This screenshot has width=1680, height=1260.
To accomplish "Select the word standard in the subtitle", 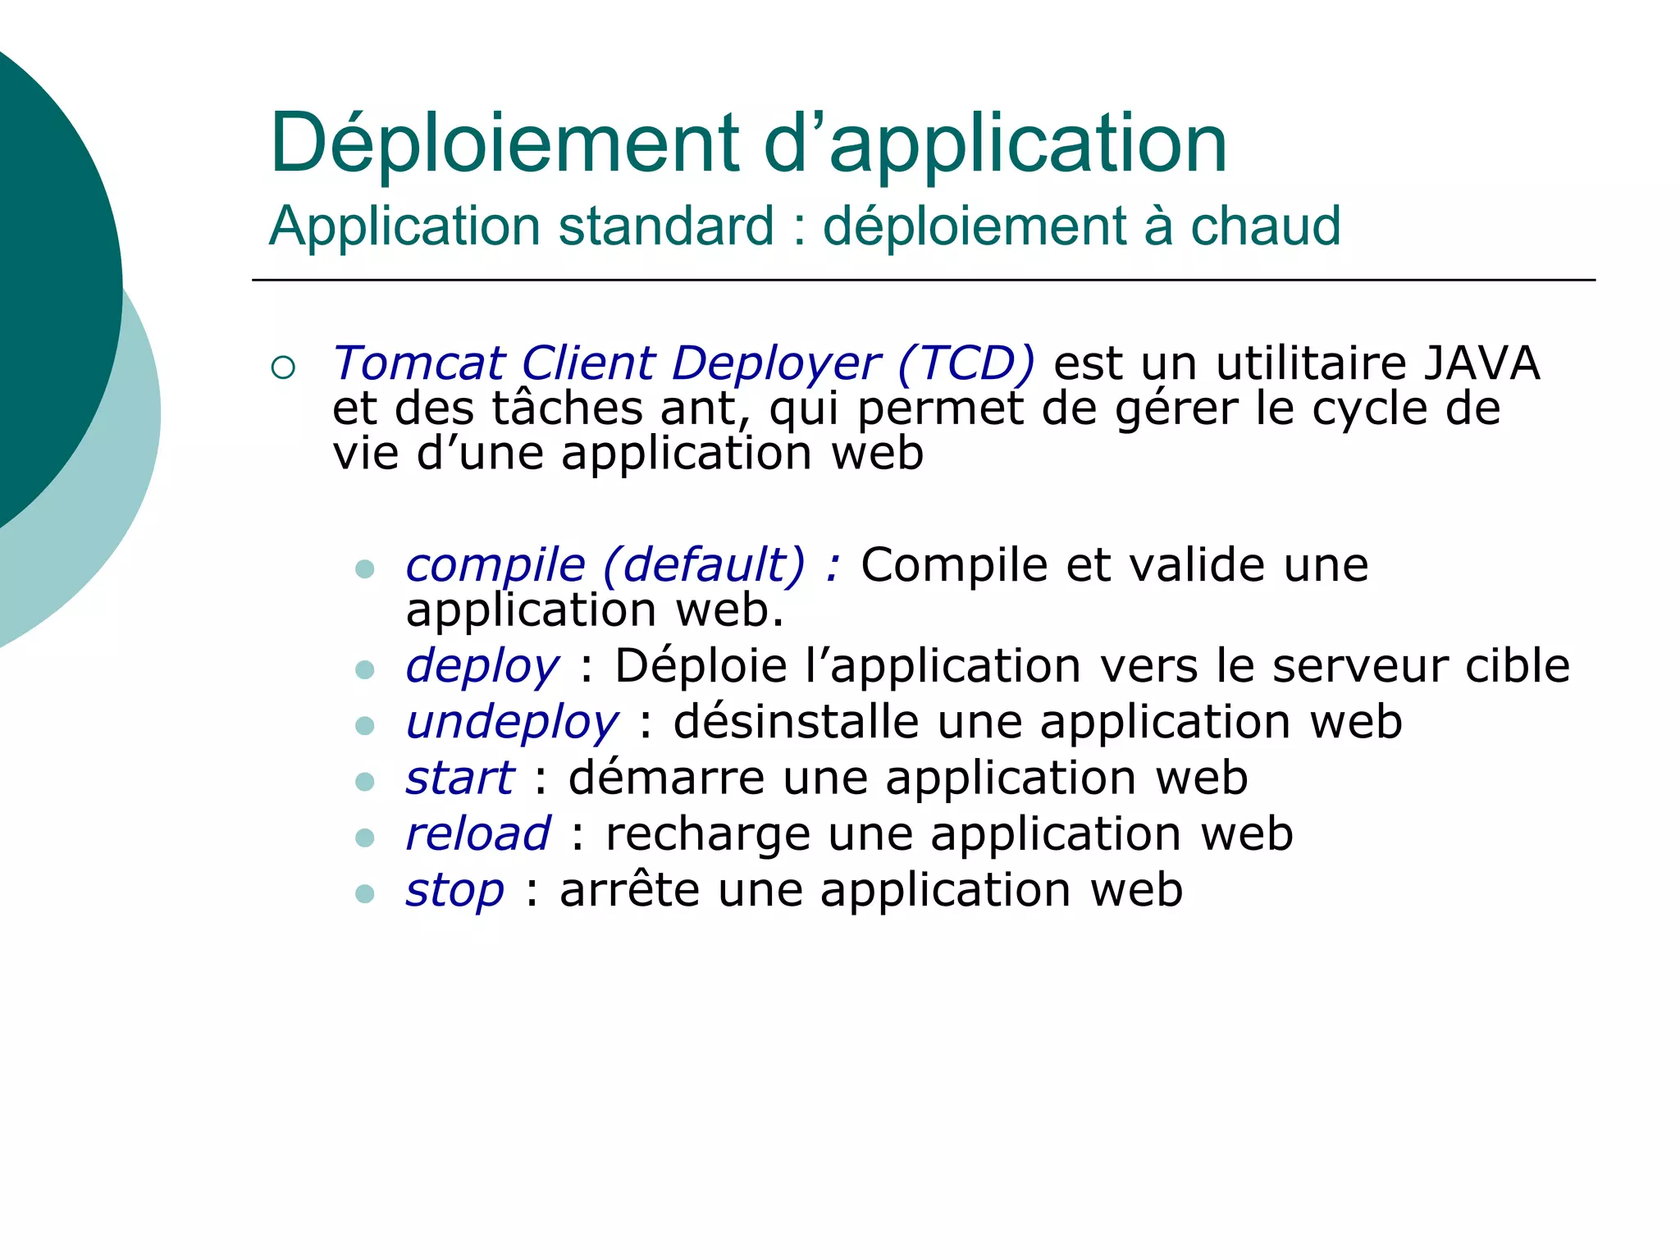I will point(666,226).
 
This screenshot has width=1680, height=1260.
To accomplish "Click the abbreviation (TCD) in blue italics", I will point(966,363).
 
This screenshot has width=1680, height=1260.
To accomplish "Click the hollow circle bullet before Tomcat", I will point(282,367).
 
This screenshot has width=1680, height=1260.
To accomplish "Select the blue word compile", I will point(495,566).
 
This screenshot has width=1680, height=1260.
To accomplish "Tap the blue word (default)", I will point(705,566).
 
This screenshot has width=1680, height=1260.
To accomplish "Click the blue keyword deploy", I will point(482,666).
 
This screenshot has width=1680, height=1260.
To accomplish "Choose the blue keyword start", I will point(460,778).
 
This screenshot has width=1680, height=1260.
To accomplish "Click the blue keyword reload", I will point(478,834).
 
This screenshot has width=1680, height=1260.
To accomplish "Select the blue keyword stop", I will point(455,891).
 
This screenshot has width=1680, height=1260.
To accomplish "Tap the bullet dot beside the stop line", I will point(365,893).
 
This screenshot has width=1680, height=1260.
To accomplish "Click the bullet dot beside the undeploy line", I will point(365,725).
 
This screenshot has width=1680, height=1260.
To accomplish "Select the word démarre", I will point(666,778).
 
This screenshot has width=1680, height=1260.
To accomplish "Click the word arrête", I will point(629,890).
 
